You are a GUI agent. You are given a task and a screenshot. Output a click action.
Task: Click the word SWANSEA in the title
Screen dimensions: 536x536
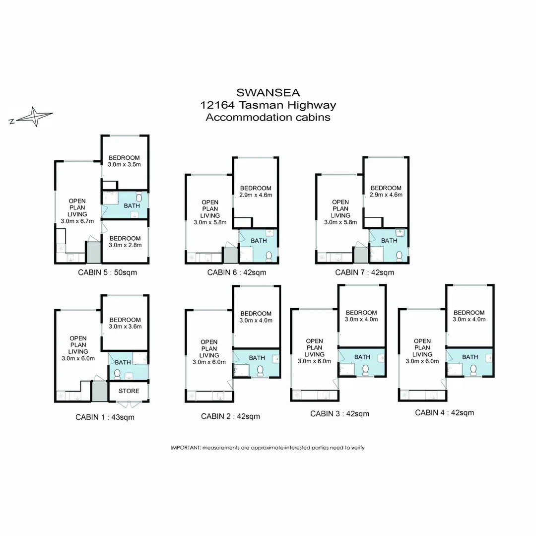(268, 93)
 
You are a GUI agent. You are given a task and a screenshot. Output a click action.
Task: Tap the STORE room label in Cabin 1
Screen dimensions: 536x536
(129, 391)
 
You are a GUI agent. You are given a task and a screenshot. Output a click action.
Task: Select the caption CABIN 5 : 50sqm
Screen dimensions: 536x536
(107, 272)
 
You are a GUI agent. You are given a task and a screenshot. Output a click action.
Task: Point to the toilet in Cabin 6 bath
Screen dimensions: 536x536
(268, 256)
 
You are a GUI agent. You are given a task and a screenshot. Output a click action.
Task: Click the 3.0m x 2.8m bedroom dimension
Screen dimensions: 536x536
(125, 245)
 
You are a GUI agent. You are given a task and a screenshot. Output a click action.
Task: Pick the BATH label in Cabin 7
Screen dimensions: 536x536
(389, 241)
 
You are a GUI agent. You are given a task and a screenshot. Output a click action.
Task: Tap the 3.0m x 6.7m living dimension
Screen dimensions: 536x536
(77, 221)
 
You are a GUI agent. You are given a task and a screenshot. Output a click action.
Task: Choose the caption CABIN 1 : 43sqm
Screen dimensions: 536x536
(105, 417)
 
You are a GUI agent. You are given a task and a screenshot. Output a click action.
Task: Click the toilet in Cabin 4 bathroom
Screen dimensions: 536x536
(473, 370)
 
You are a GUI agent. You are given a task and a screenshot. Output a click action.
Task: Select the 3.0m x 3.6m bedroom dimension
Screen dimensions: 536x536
(125, 327)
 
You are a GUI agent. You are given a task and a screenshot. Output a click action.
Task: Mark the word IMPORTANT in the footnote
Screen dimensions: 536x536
(186, 448)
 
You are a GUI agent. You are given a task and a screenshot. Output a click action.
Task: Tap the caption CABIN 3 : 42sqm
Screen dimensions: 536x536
(340, 413)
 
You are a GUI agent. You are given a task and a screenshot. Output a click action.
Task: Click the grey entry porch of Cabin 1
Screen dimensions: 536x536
(99, 391)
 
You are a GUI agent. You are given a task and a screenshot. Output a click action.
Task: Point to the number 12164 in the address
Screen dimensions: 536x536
(217, 105)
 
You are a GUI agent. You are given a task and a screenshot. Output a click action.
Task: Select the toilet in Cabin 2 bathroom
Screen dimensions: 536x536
(260, 371)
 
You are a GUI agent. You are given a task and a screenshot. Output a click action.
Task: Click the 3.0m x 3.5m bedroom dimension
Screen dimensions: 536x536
(124, 164)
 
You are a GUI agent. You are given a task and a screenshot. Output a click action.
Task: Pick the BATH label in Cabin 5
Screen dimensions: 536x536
(132, 206)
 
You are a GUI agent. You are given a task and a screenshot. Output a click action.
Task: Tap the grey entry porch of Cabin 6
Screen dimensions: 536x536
(230, 255)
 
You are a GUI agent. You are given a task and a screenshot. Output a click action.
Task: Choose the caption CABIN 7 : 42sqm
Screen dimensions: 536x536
(364, 272)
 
